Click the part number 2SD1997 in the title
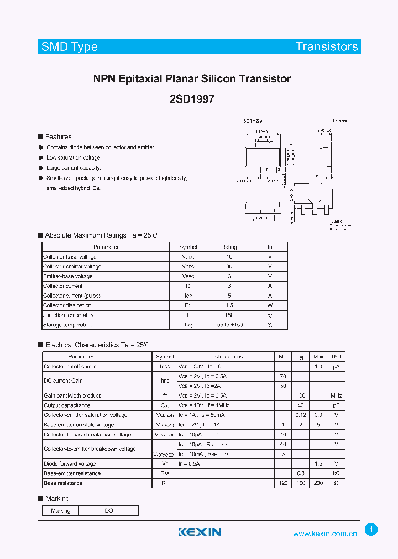pos(192,99)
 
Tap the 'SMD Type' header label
pos(70,47)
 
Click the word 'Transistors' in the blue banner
pos(327,47)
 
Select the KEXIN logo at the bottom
pos(200,532)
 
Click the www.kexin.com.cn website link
pos(325,534)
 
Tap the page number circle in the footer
pos(371,530)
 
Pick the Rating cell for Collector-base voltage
pos(229,257)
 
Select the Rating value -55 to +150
pos(229,325)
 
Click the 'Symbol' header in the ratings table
pos(188,247)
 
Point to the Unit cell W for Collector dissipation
pos(270,305)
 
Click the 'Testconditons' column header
pos(226,357)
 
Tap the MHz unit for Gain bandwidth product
pos(336,396)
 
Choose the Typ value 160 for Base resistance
pos(301,483)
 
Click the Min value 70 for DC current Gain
pos(283,376)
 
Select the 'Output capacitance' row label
pos(67,405)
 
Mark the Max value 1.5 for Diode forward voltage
pos(318,464)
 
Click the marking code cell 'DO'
pos(109,511)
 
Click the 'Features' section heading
pos(58,137)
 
